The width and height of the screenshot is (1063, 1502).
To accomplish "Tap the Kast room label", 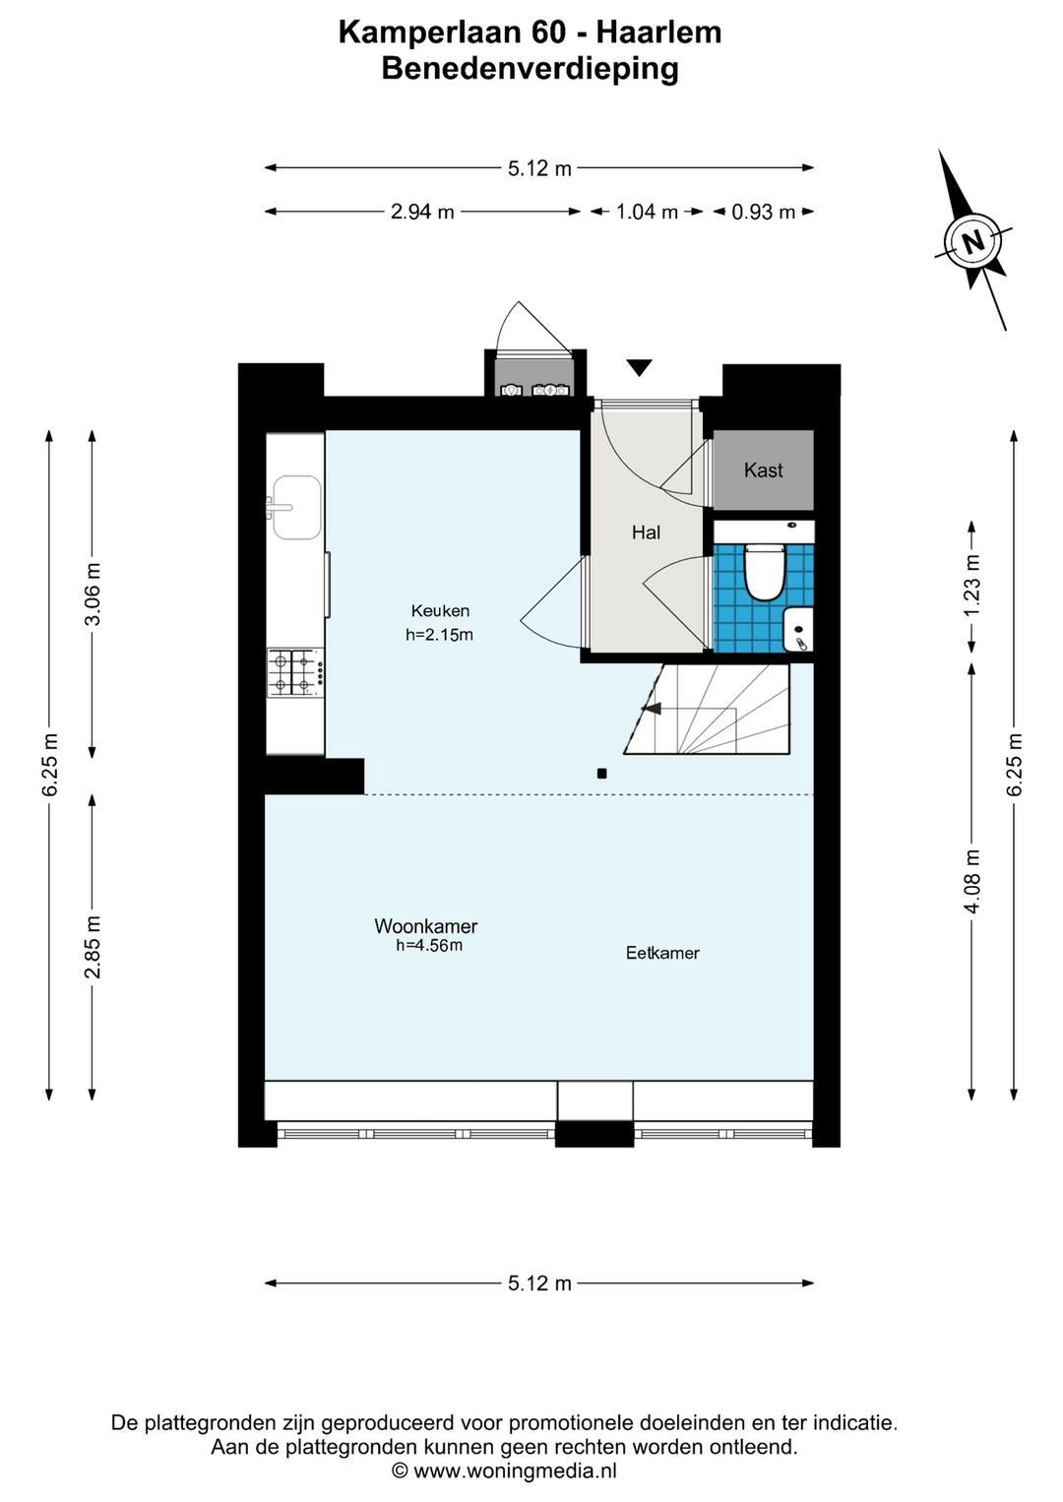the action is coord(763,470).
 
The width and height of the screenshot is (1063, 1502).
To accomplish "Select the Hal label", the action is coord(646,532).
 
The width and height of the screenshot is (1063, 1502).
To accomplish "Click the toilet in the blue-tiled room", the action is coord(764,571).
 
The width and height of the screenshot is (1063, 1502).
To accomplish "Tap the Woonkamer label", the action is coord(426,926).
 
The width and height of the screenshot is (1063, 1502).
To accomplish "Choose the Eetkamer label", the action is coord(662,953).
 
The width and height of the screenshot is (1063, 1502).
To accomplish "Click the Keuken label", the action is coord(440,611).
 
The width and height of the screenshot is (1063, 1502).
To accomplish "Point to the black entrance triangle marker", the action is coord(639,367).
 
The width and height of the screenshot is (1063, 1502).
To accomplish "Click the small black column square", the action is coord(601,773).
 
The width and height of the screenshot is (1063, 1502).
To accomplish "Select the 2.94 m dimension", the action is coord(422,212).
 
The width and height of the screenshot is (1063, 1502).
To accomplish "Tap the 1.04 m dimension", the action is coord(647,212).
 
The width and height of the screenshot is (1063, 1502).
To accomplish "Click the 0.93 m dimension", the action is coord(763,212).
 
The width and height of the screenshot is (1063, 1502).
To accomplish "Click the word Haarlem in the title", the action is coord(659,32).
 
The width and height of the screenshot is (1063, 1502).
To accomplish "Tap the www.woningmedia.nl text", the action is coord(515,1471).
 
